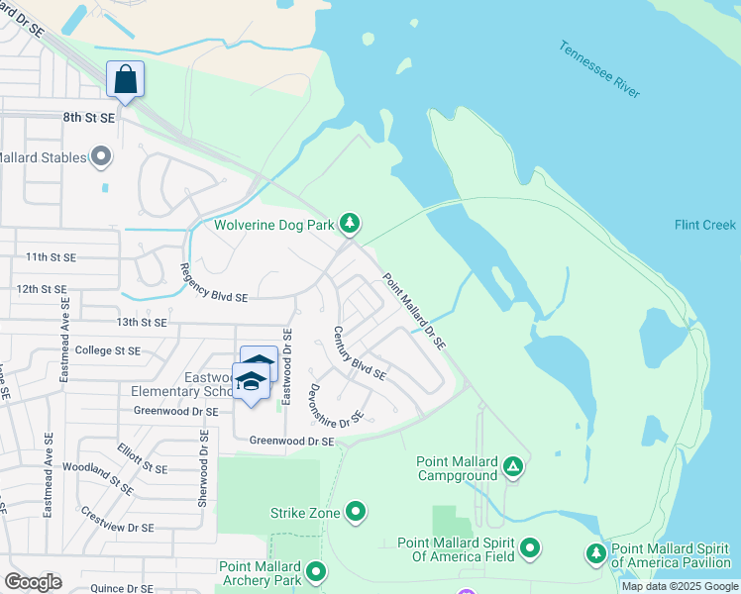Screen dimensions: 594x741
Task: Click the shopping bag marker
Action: (x=126, y=79)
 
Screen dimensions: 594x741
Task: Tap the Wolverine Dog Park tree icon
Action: (x=349, y=225)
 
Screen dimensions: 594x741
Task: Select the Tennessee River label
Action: (x=599, y=68)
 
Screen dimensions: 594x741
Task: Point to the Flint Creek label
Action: (x=704, y=225)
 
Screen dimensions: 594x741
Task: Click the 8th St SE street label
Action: (x=89, y=117)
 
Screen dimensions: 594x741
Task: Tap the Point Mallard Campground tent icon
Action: (x=512, y=465)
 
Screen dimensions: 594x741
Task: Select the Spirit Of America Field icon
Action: (x=530, y=547)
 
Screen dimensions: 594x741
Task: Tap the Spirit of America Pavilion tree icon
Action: (x=595, y=552)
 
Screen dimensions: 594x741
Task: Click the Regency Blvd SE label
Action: (x=214, y=282)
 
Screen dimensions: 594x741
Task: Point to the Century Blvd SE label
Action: (x=359, y=353)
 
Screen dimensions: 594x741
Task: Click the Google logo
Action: (x=33, y=581)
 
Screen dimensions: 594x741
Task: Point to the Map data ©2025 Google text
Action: (x=679, y=586)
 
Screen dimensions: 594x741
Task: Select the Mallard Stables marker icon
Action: (x=101, y=156)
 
